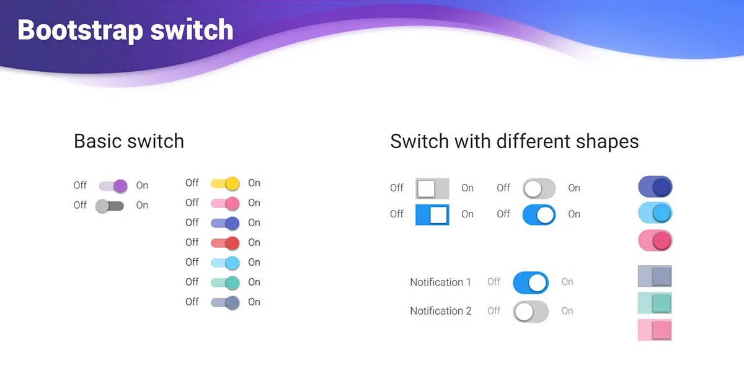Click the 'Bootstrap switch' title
tap(125, 30)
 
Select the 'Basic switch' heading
tap(129, 141)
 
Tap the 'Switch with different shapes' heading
tap(514, 141)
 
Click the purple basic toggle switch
tap(113, 185)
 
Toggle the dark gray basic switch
tap(110, 206)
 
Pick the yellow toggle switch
tap(225, 183)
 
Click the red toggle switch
tap(225, 243)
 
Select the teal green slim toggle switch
tap(225, 282)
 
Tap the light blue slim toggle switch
tap(225, 263)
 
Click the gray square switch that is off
tap(432, 188)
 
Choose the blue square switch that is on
tap(432, 214)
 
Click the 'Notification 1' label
tap(440, 282)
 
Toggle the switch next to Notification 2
tap(531, 312)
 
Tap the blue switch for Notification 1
tap(531, 282)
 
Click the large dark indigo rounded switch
tap(655, 186)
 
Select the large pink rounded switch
tap(655, 240)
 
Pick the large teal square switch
tap(655, 303)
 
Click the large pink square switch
tap(655, 330)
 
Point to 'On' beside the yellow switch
tap(254, 183)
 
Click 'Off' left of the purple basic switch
tap(80, 185)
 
